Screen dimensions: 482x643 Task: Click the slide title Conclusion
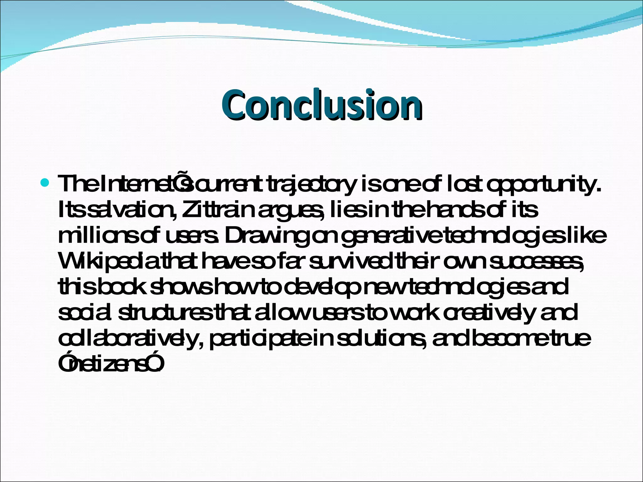point(321,105)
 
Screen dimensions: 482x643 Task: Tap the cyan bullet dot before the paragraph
point(45,182)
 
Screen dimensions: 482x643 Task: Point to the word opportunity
point(543,184)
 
